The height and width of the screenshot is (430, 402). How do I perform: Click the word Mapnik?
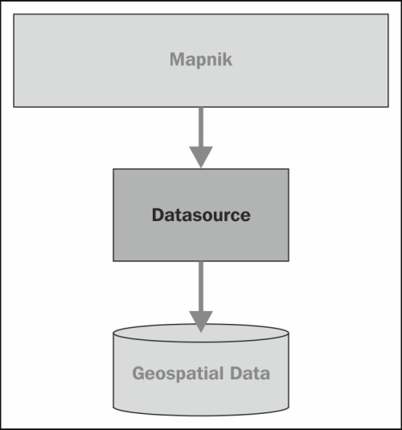coord(201,59)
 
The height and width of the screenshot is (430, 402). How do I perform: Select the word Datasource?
coord(201,215)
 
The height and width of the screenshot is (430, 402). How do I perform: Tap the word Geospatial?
coord(178,374)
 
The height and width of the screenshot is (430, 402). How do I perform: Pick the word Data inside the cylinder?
coord(250,373)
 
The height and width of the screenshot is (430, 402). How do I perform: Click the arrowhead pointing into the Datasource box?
coord(201,157)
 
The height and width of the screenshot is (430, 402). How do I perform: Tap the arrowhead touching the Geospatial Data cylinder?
coord(201,321)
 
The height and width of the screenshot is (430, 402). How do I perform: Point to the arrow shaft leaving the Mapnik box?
coord(201,127)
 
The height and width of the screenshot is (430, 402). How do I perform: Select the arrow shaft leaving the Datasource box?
coord(201,286)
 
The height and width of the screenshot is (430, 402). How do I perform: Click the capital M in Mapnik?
coord(177,59)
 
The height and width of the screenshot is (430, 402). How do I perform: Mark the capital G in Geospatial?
coord(138,373)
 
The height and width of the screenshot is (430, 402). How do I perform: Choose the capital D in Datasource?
coord(159,215)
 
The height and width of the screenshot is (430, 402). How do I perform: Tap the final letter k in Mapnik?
coord(227,59)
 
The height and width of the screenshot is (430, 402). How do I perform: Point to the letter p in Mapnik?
coord(201,61)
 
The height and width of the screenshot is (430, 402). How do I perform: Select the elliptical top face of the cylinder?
coord(201,333)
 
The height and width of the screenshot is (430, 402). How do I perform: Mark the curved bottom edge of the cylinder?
coord(201,416)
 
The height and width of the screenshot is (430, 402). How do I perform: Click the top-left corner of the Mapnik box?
coord(14,14)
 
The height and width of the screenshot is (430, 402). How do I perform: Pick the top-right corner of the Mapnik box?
coord(388,14)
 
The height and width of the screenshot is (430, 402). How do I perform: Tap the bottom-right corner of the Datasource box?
coord(289,261)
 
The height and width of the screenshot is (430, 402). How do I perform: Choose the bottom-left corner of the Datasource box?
coord(113,261)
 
